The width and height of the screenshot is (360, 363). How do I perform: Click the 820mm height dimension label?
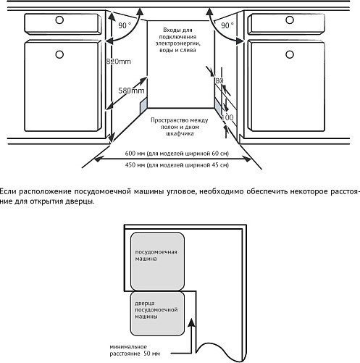pos(119,62)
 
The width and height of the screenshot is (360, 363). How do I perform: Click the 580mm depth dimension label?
pos(131,91)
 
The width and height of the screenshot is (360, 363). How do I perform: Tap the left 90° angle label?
pos(125,25)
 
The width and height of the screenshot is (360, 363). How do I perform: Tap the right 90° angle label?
pos(227,25)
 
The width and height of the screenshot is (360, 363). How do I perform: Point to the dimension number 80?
pos(219,80)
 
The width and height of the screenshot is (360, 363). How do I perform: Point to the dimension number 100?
pos(227,117)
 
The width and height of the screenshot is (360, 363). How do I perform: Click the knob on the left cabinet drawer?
pos(59,20)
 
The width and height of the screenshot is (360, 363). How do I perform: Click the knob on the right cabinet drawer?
pos(290,20)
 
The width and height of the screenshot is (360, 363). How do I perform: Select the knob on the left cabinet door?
pos(59,54)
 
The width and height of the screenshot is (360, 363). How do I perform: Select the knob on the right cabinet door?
pos(290,54)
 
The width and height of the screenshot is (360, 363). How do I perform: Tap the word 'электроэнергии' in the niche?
pos(178,43)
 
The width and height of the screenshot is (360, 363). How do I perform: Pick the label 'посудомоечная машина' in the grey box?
pos(156,255)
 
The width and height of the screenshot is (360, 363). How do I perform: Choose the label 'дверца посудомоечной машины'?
pos(156,310)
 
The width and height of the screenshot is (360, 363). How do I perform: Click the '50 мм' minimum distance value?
pos(151,354)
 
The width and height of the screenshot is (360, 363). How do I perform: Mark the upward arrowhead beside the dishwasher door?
pos(191,323)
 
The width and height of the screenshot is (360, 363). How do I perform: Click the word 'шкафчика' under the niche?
pos(180,133)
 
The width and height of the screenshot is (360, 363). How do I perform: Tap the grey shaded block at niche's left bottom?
pos(143,106)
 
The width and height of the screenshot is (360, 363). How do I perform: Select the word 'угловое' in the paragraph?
pos(177,192)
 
